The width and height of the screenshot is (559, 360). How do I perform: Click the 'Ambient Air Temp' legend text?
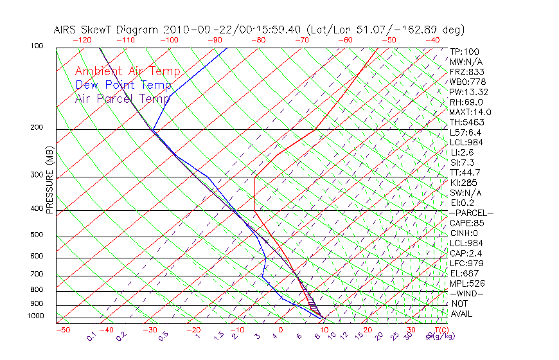point(128,71)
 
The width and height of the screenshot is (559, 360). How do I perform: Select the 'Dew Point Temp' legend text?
point(123,85)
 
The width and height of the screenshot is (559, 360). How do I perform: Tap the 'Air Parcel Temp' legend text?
point(123,98)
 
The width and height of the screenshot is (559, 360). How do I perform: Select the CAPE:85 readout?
point(466,223)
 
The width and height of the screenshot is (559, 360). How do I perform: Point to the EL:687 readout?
point(464,273)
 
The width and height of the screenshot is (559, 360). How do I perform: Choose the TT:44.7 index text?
point(464,172)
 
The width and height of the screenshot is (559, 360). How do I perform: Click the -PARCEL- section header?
point(471,213)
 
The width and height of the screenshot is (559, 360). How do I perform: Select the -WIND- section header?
point(466,293)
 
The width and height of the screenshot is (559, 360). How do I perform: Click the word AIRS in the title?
point(67,30)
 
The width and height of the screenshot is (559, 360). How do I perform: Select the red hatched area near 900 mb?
point(309,299)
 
